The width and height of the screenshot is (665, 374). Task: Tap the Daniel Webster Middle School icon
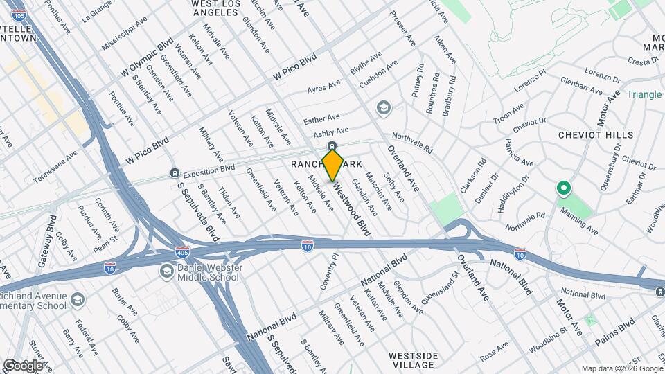click(x=166, y=271)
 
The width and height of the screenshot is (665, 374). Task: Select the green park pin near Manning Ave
click(x=564, y=188)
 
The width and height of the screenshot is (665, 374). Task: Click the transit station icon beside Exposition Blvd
click(x=175, y=172)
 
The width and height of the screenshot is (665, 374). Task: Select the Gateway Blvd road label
click(x=52, y=236)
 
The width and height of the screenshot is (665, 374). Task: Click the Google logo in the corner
click(x=23, y=365)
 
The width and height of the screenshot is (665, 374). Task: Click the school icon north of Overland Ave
click(x=383, y=108)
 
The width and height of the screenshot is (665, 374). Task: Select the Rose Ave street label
click(x=494, y=354)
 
